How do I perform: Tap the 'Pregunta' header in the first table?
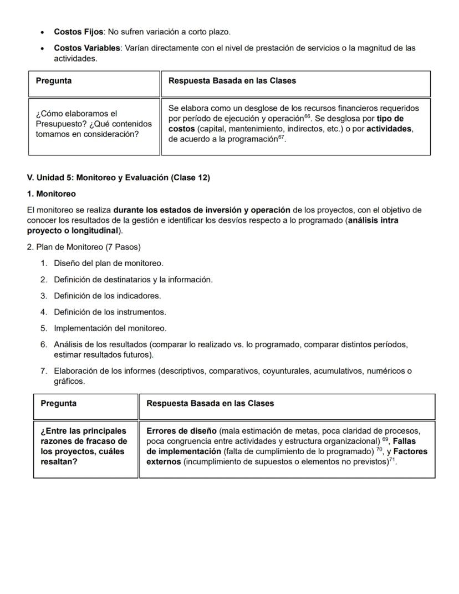click(54, 81)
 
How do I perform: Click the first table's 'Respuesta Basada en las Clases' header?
click(232, 81)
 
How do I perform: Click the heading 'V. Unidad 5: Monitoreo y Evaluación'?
click(118, 177)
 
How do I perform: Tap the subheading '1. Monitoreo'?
click(52, 194)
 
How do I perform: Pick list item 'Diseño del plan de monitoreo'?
click(108, 263)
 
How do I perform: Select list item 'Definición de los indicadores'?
click(107, 296)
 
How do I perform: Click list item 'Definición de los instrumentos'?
click(110, 312)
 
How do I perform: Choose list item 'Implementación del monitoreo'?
click(110, 328)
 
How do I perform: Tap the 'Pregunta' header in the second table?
click(58, 404)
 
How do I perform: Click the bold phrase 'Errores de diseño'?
click(181, 431)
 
